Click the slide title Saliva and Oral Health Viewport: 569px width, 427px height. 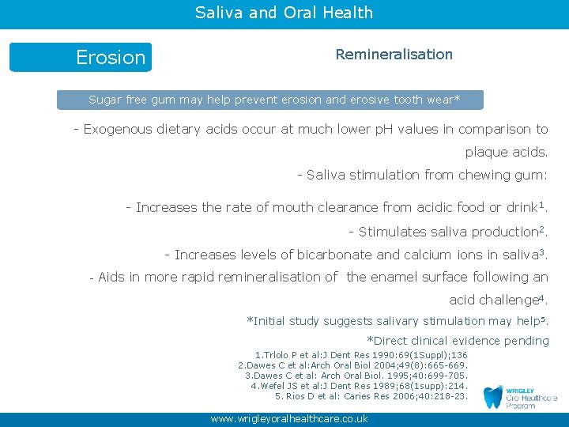[x=284, y=13]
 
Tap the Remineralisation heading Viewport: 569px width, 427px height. [x=394, y=55]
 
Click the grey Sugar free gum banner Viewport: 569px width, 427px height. [x=269, y=100]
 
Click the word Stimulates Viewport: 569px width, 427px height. [x=393, y=232]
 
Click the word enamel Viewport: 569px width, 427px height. [x=397, y=278]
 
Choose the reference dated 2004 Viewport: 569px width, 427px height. [x=352, y=365]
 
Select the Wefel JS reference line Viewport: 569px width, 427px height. [x=359, y=386]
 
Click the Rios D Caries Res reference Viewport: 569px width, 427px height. [x=371, y=396]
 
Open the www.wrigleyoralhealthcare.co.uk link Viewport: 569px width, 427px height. [x=288, y=419]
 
